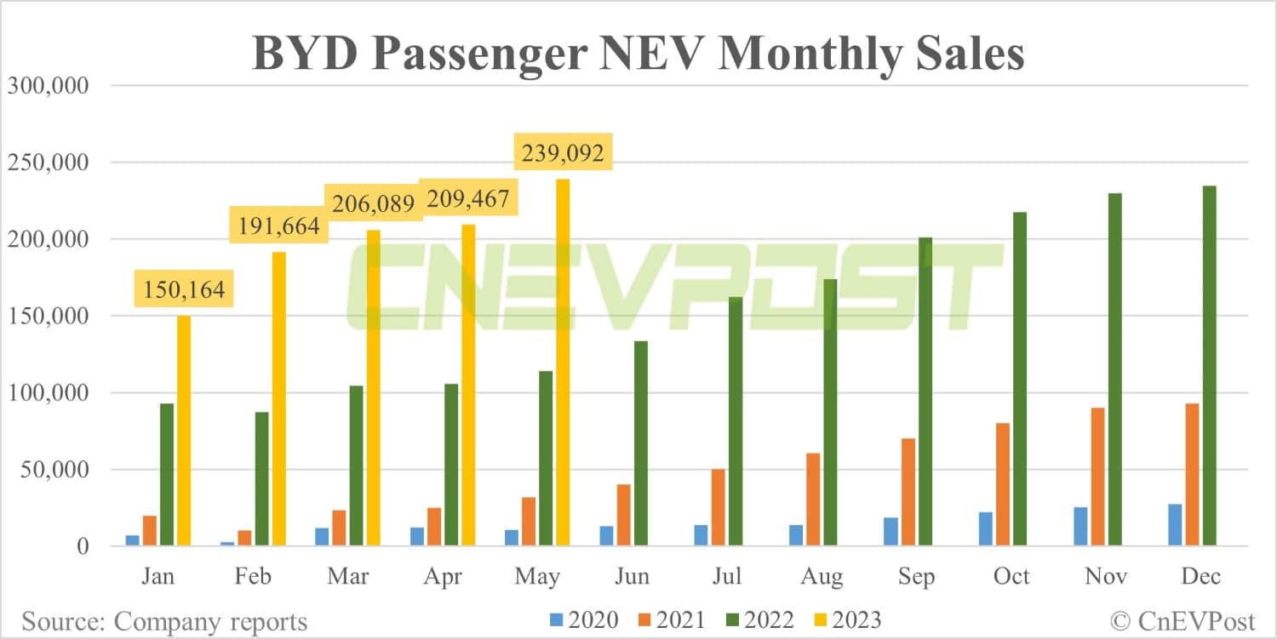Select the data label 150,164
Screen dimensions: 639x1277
[184, 289]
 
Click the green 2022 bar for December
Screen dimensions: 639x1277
[1209, 366]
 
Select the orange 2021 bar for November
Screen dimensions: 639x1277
[1097, 476]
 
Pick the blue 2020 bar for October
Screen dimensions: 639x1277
[986, 528]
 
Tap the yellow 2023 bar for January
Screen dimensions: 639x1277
[184, 430]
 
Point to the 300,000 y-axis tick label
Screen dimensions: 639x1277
[49, 86]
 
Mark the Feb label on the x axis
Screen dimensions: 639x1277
[253, 577]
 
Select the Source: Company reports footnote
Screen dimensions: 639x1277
[164, 621]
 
